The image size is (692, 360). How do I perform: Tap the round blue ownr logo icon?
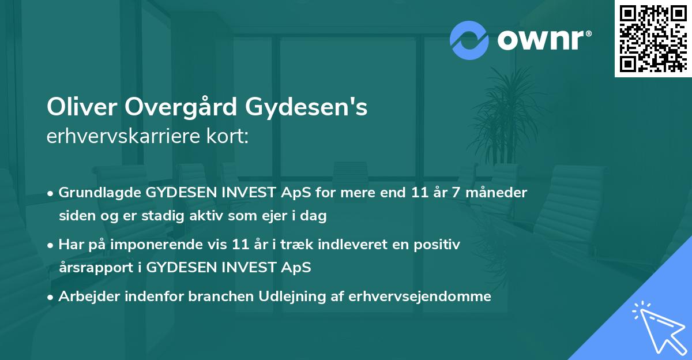point(469,40)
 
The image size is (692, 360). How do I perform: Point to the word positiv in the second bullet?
point(438,245)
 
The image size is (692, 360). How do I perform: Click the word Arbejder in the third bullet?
point(84,297)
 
